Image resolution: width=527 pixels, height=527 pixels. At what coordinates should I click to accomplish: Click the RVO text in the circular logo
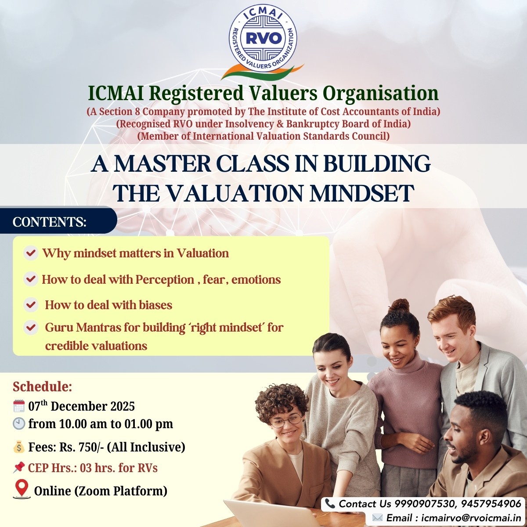263,39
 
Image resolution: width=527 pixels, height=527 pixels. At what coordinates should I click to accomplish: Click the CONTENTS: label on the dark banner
50,222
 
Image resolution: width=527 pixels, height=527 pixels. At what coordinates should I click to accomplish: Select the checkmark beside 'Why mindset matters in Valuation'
31,253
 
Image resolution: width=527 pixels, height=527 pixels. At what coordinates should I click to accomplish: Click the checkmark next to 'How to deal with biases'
31,304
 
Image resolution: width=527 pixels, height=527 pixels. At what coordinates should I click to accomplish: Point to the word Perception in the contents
165,280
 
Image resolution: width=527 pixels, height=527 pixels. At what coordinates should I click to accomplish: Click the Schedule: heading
42,387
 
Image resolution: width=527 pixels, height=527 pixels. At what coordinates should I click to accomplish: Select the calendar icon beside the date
19,406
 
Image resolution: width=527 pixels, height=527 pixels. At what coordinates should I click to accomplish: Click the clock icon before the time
19,423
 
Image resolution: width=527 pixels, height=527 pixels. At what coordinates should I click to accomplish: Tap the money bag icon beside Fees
19,447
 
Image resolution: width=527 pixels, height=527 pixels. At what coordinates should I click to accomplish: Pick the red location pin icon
22,489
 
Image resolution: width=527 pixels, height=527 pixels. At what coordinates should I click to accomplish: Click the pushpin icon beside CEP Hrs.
19,468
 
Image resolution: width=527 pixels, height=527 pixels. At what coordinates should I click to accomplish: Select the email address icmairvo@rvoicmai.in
471,518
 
